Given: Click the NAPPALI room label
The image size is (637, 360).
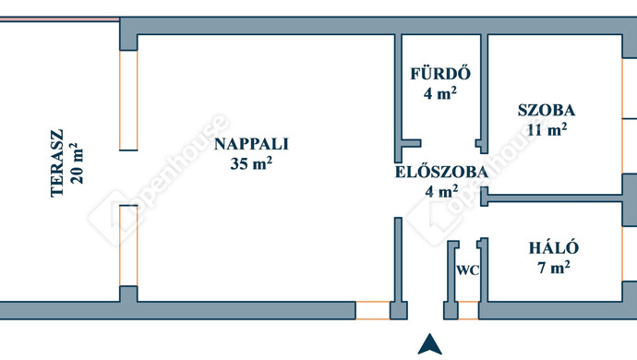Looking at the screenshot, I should point(252,144).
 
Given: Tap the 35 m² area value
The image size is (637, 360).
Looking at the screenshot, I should point(252,164).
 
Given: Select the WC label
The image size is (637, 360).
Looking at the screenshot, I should point(467,270).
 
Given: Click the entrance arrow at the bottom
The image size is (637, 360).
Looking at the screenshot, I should point(427,343).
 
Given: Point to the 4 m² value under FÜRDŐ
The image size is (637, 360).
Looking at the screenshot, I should point(440,92).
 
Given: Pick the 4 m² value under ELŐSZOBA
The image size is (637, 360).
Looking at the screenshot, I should point(440,192).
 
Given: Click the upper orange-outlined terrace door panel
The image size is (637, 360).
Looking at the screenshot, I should point(128,100).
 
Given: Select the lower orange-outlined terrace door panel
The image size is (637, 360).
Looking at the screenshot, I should point(128,245).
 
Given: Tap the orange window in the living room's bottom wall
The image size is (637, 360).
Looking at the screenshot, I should point(373,310).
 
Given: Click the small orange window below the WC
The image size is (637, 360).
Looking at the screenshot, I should point(468,310).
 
